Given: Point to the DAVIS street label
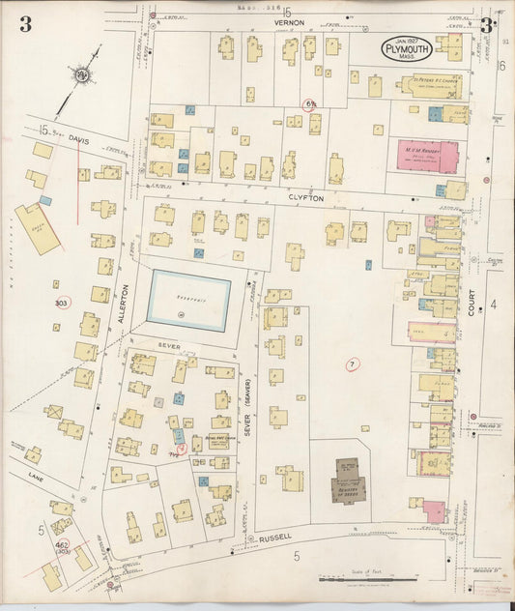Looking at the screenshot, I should tap(80, 138).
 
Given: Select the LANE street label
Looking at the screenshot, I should tap(37, 477).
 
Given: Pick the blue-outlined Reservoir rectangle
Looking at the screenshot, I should tap(189, 301).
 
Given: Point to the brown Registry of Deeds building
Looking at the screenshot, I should tap(346, 478).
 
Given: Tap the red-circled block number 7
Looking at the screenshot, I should tap(352, 364).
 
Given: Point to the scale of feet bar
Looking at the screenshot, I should tap(382, 578).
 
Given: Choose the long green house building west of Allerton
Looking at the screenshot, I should tap(37, 229).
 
